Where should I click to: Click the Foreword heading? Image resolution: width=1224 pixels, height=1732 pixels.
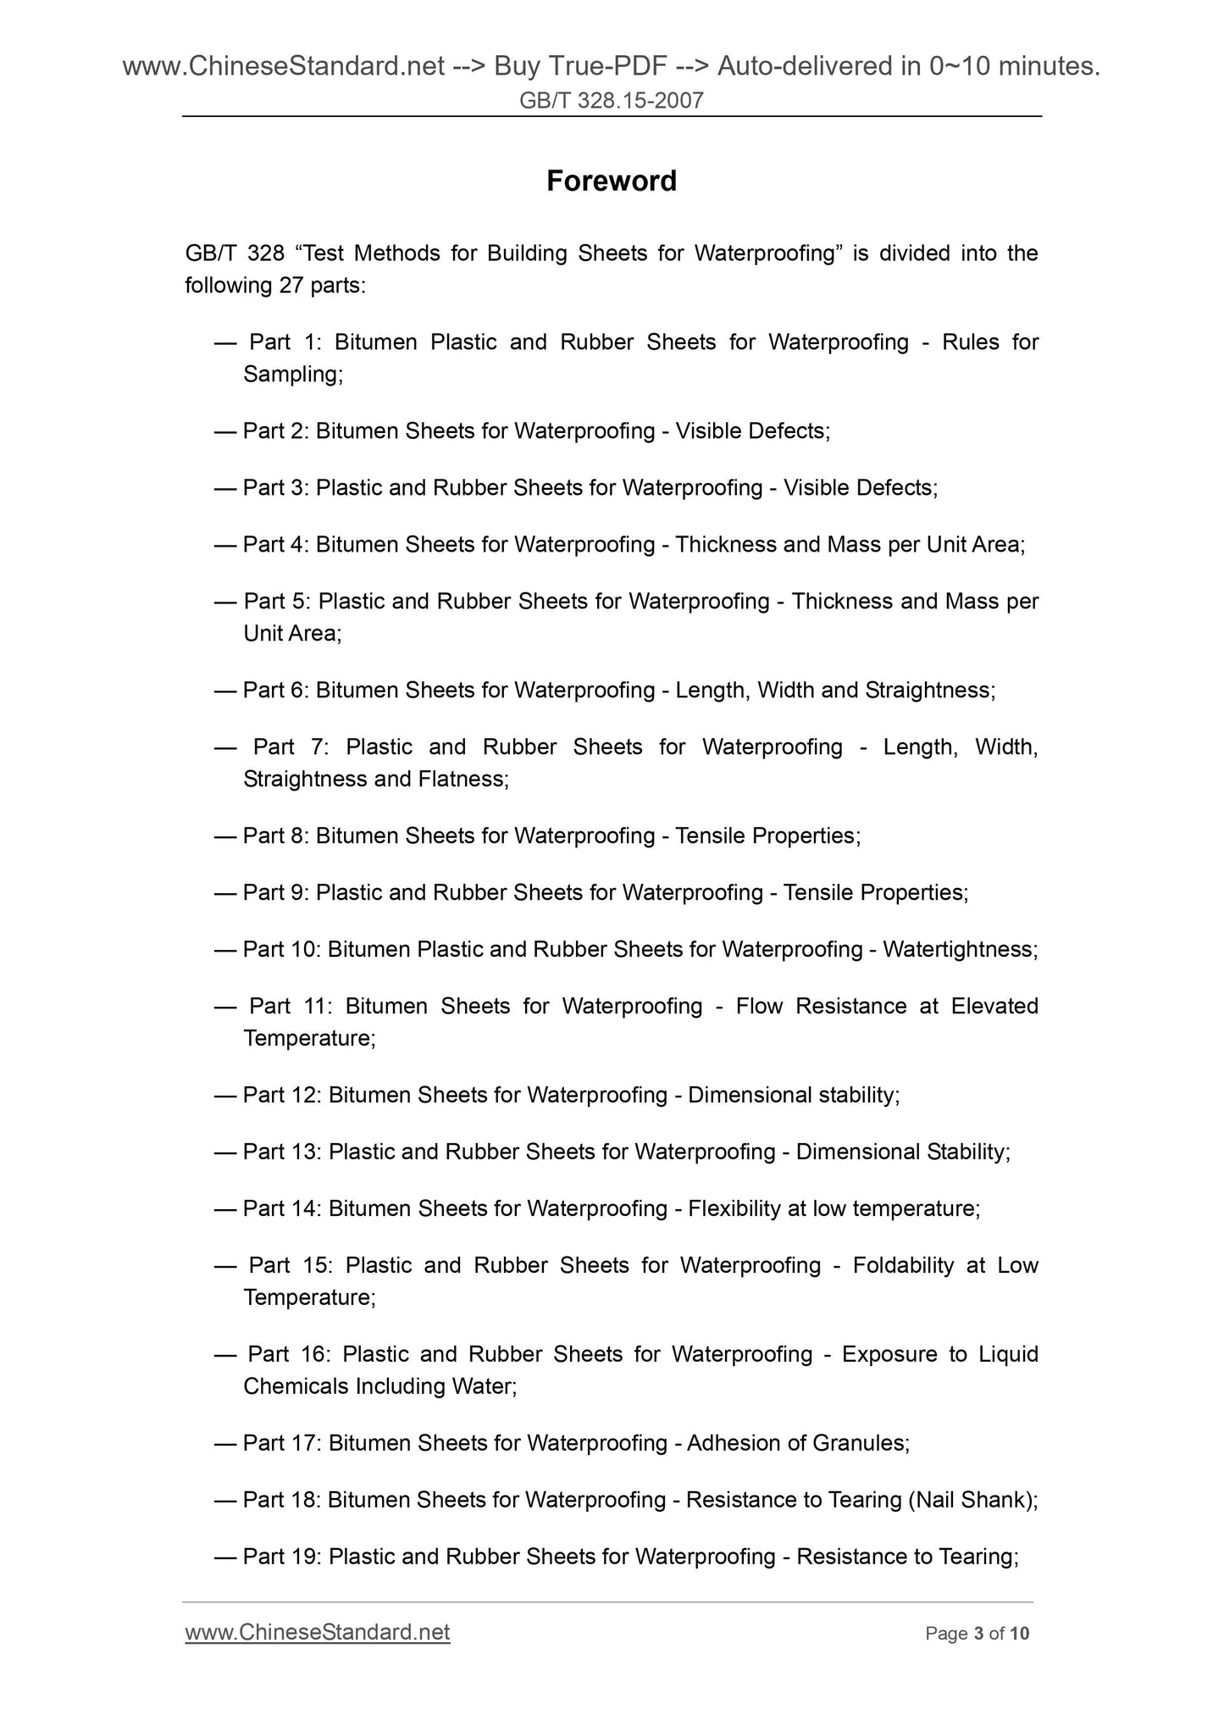[611, 181]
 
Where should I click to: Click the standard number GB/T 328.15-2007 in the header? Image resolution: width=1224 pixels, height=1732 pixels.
[611, 102]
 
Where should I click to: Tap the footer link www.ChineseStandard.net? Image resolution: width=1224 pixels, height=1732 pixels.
[317, 1633]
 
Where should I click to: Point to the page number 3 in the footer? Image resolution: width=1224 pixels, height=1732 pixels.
[978, 1634]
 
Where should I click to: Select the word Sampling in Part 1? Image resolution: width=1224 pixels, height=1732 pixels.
[291, 375]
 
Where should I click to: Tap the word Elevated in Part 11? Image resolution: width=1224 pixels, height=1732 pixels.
[994, 1006]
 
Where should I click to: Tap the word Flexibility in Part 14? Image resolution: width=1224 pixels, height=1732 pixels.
[734, 1208]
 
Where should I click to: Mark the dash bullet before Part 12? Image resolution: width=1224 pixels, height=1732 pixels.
[224, 1096]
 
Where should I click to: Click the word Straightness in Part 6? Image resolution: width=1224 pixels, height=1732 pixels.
[928, 691]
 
